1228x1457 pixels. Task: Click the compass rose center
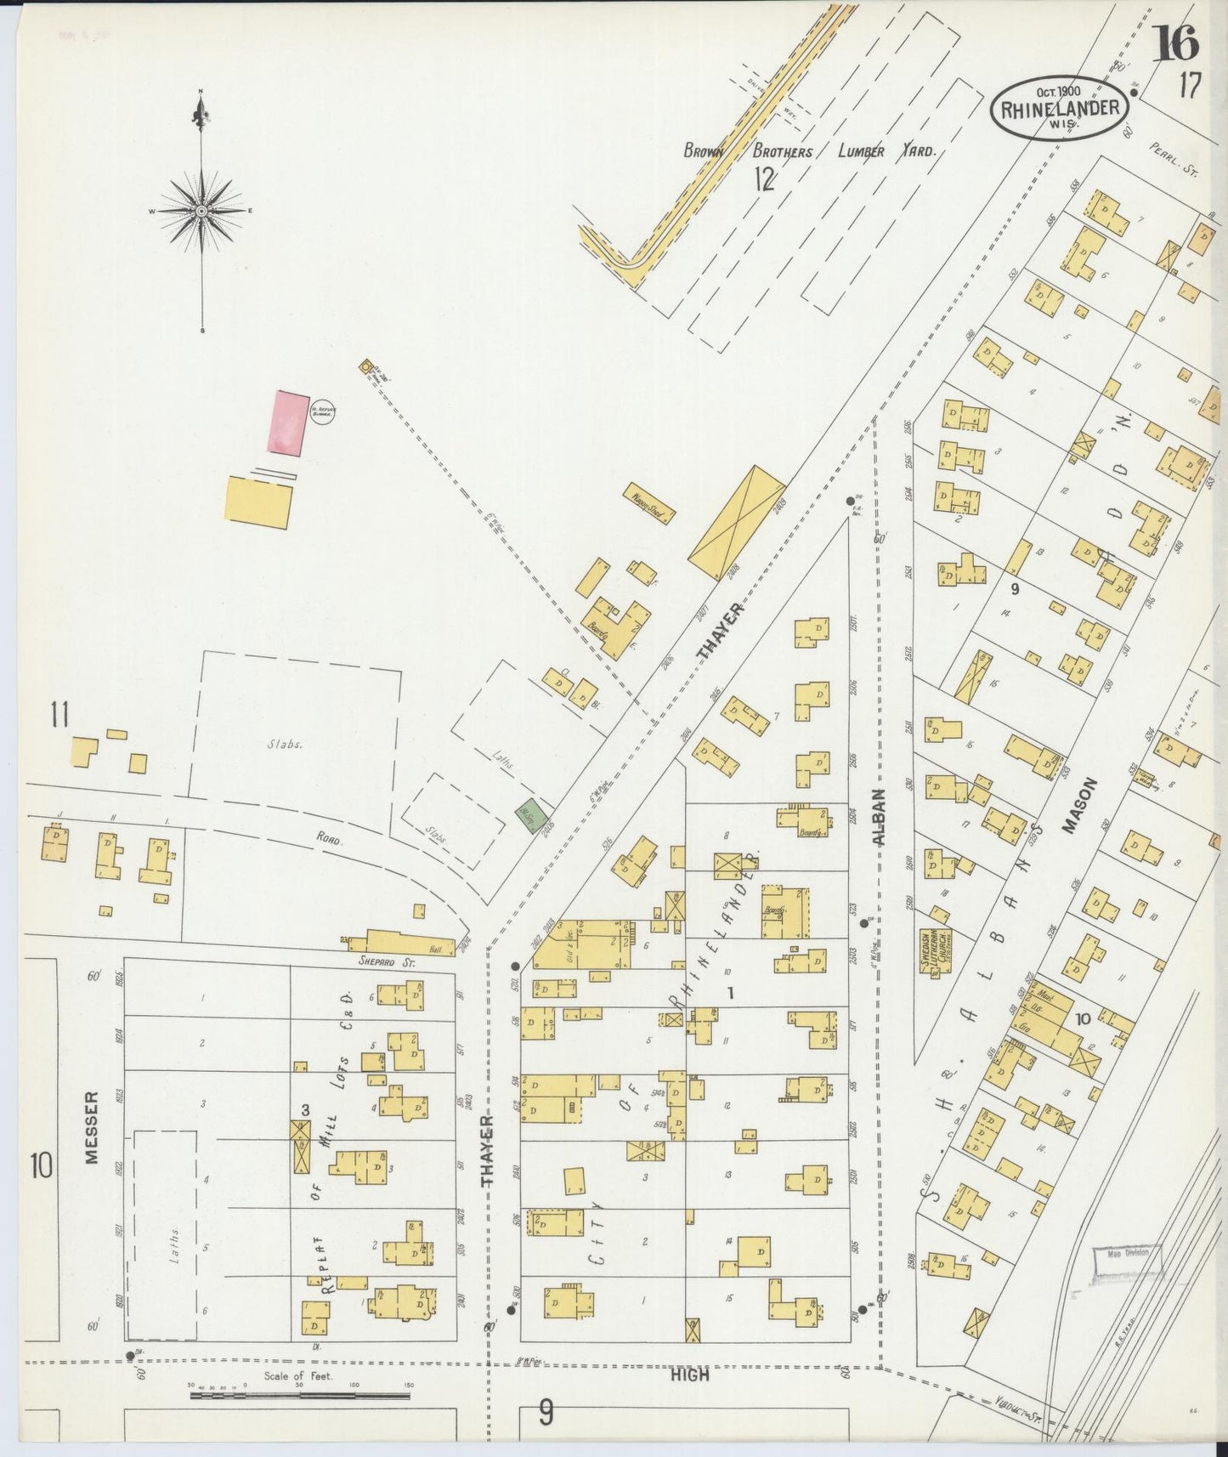point(201,210)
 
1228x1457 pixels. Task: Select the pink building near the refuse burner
point(287,423)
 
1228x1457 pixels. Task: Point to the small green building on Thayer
point(529,815)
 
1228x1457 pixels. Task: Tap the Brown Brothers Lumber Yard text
point(809,152)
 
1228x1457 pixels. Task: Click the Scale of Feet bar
point(299,1393)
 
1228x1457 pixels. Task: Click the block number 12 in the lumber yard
point(764,179)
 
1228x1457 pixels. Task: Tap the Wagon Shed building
point(650,502)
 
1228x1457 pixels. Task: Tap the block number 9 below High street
point(545,1413)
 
